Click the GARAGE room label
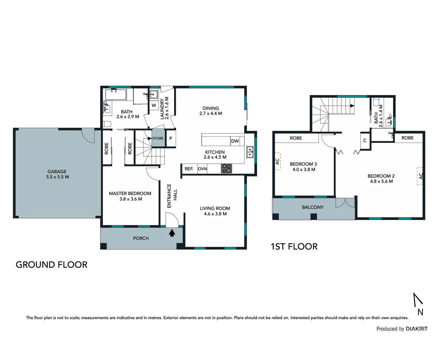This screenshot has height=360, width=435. [x=57, y=172]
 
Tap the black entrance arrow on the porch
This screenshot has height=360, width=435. [x=172, y=233]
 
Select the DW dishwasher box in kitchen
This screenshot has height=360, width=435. [x=235, y=141]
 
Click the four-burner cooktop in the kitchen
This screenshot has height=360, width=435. [x=227, y=169]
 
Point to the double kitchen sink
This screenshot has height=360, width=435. [x=250, y=152]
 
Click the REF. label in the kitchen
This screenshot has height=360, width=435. [x=189, y=169]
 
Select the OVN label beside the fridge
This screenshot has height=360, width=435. [x=202, y=169]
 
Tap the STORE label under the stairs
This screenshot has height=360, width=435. [x=158, y=138]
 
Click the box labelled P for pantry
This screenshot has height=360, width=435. [x=171, y=138]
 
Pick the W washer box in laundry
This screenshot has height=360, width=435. [x=154, y=105]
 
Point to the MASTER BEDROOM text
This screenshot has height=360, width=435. [x=130, y=193]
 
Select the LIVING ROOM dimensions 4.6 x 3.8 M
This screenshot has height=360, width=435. [x=215, y=214]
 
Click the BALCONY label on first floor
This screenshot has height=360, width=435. [x=313, y=207]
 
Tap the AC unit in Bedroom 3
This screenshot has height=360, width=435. [x=277, y=162]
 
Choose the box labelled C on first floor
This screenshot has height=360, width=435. [x=365, y=140]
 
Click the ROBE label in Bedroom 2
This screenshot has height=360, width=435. [x=407, y=138]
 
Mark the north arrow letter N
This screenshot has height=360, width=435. [x=420, y=312]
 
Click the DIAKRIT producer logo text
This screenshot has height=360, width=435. [x=417, y=329]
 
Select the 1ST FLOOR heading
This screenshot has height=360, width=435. [x=294, y=247]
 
